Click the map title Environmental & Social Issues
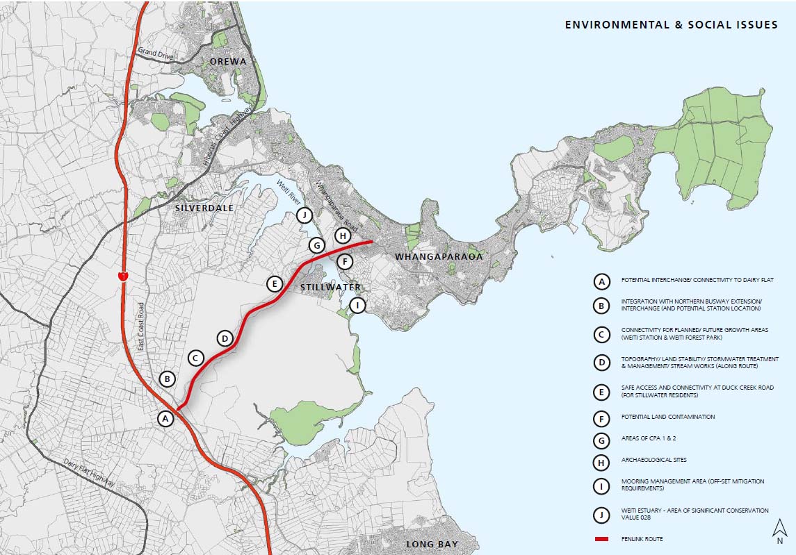(x=671, y=25)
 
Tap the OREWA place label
(x=228, y=62)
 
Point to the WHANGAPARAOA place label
(x=438, y=257)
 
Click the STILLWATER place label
(x=330, y=287)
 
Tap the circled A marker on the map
(x=165, y=419)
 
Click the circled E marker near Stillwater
(x=275, y=283)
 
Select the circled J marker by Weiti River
(x=304, y=215)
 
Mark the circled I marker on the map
(x=357, y=305)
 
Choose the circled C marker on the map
(x=195, y=358)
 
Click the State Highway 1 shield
(x=122, y=276)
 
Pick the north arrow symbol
(x=779, y=531)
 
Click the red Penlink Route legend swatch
(x=601, y=539)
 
